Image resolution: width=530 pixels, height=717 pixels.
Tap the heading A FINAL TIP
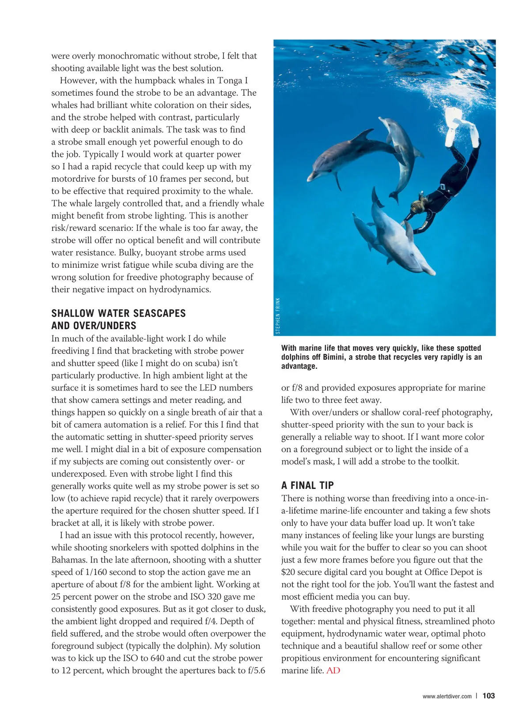point(307,485)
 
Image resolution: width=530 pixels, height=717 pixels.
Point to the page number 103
point(488,696)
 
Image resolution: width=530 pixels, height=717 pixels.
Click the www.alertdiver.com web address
point(447,696)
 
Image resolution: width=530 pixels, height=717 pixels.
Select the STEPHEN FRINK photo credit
point(278,316)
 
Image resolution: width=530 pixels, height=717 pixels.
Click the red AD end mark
point(333,671)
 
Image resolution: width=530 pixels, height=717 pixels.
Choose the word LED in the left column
point(208,388)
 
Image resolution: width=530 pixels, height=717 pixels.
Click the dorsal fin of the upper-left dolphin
point(365,135)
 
